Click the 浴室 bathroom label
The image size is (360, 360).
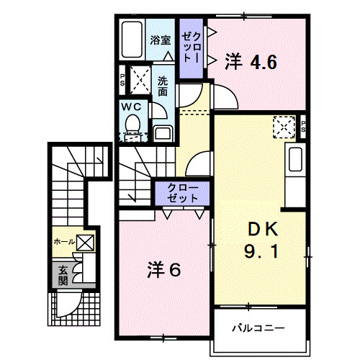pos(161,40)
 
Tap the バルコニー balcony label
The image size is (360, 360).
pos(258,328)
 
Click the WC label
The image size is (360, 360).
pos(132,107)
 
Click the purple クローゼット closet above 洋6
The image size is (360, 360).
pos(181,193)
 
